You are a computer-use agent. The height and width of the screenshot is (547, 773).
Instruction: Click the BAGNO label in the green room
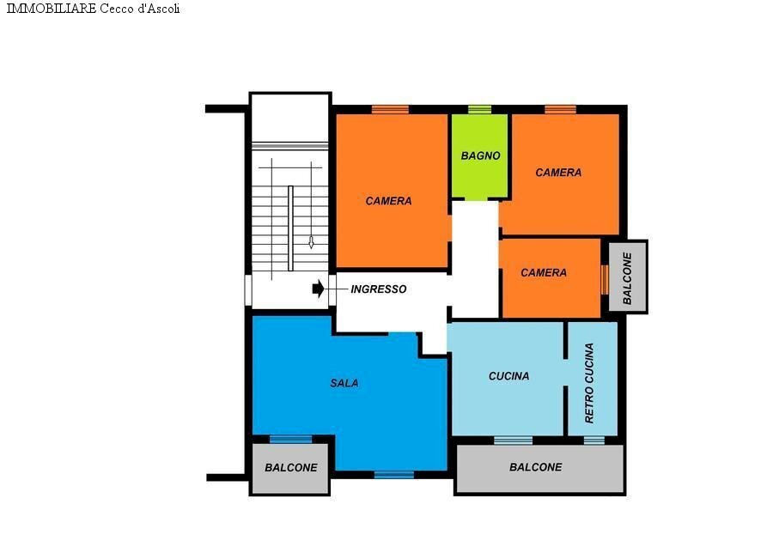point(480,156)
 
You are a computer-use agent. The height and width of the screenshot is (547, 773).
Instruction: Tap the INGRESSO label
point(378,289)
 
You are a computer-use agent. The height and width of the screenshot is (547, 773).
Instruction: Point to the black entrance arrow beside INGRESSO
point(318,289)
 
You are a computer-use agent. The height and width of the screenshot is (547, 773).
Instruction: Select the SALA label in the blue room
point(344,383)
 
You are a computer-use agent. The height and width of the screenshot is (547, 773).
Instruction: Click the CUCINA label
point(508,376)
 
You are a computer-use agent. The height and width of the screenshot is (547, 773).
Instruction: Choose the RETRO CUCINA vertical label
point(589,383)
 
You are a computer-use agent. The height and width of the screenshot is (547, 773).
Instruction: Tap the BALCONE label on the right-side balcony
point(627,278)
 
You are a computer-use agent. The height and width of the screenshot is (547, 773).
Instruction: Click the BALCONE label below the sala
point(290,468)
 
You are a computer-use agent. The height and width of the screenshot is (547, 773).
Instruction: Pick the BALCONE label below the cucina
point(535,467)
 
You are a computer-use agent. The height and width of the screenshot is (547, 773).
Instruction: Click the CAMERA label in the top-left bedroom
point(388,201)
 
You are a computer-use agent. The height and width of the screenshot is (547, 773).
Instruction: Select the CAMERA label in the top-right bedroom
point(558,173)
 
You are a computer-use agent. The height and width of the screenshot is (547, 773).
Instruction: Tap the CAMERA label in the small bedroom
point(544,273)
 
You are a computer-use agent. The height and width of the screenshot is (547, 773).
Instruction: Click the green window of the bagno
point(479,109)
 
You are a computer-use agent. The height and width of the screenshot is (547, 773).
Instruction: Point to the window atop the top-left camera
point(390,109)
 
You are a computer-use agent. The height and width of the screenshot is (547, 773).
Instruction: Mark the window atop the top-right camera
point(560,109)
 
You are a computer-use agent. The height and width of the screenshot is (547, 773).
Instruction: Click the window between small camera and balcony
point(604,278)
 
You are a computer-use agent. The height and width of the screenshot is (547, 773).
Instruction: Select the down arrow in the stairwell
point(311,242)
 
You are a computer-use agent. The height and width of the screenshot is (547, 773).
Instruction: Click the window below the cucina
point(513,441)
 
